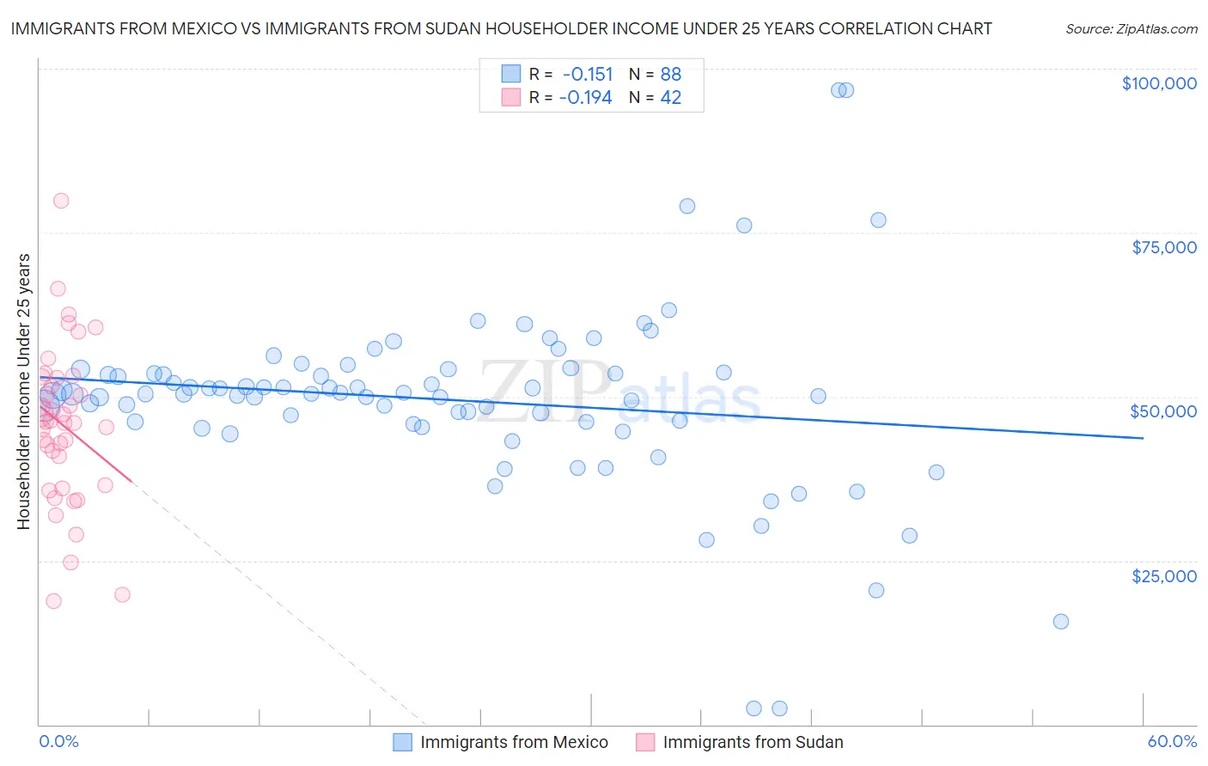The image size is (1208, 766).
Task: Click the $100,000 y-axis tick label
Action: click(x=1159, y=83)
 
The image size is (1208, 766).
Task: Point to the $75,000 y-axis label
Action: click(x=1164, y=247)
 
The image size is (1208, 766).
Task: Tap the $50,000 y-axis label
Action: click(x=1163, y=411)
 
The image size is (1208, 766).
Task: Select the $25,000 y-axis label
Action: click(x=1164, y=575)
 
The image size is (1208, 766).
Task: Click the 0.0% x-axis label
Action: click(x=58, y=741)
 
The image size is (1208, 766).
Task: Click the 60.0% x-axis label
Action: click(x=1172, y=741)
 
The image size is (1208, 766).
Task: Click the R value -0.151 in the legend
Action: click(x=588, y=75)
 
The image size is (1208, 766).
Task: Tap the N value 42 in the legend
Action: click(x=670, y=98)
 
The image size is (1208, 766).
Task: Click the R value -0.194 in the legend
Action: click(x=586, y=98)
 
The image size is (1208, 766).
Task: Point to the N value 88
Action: click(x=670, y=75)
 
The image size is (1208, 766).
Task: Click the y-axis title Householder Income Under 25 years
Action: click(x=24, y=391)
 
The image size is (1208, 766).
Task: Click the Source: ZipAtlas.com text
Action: click(x=1132, y=29)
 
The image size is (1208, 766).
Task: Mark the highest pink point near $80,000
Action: click(x=61, y=201)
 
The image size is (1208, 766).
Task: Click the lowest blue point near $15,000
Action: click(x=1061, y=622)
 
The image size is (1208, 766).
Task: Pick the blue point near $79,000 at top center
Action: click(x=687, y=206)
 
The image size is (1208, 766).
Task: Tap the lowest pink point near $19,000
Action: click(x=53, y=601)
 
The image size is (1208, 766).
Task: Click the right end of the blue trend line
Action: click(x=1143, y=438)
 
